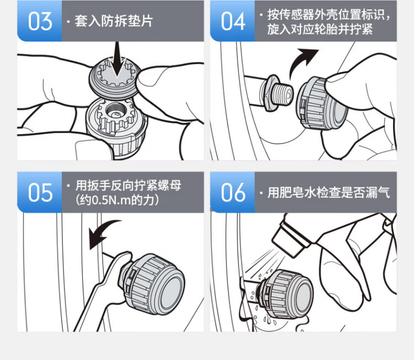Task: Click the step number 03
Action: coord(40,22)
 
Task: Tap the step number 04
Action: coord(233,22)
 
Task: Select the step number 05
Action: coord(40,193)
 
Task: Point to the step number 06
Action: coord(233,193)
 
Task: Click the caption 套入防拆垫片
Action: coord(114,21)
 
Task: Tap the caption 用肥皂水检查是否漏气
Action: coord(329,192)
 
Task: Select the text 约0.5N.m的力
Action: coord(116,200)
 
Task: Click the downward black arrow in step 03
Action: coord(118,60)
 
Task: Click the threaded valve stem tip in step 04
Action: coord(283,94)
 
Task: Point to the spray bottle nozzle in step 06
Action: coord(290,240)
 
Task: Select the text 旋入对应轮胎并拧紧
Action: coord(320,29)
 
